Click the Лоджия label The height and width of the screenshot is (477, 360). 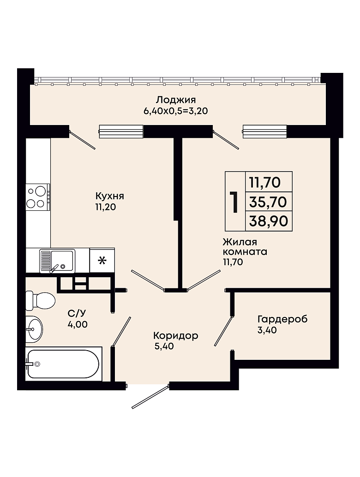(175, 100)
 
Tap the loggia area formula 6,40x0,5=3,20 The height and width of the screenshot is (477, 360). (175, 111)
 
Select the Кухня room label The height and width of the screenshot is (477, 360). (110, 196)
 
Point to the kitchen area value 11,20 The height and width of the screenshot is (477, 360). (106, 207)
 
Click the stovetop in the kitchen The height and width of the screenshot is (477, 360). (38, 197)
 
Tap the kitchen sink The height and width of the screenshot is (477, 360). (57, 261)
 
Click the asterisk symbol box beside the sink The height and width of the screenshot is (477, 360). (102, 260)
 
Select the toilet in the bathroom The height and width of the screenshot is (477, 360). (40, 301)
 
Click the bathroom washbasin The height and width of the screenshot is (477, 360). (34, 329)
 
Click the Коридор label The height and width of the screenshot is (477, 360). (175, 335)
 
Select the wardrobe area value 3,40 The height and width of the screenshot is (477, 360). (267, 330)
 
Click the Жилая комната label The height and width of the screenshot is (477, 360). (245, 247)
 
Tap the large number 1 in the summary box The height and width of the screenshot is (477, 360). (234, 202)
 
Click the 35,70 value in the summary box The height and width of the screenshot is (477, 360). (268, 202)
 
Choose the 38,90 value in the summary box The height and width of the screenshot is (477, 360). (269, 221)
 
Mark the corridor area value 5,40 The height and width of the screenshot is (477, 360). (164, 346)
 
